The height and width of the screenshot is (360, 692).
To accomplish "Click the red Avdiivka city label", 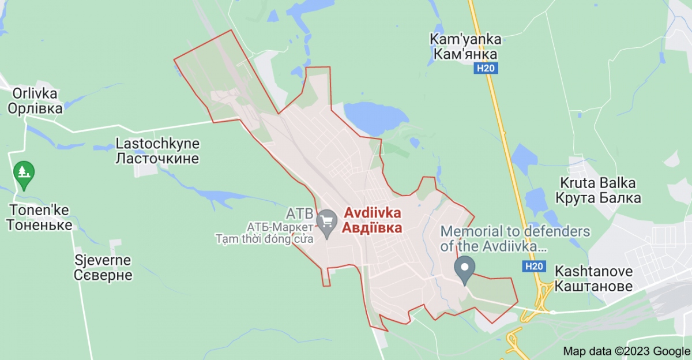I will [x=373, y=220].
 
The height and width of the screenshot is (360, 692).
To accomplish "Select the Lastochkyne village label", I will [x=157, y=151].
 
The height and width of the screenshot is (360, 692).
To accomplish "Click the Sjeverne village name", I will [x=103, y=268].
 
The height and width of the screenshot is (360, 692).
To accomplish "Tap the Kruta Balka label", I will [x=598, y=191].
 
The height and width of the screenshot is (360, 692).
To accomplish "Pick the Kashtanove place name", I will [x=593, y=278].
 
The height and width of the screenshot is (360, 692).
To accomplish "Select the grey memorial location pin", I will [x=464, y=269].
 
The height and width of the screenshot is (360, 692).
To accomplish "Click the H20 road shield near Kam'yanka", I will [x=487, y=69].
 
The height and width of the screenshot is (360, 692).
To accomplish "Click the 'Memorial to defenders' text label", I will [x=515, y=239].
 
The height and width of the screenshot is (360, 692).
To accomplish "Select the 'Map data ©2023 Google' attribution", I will [x=626, y=351].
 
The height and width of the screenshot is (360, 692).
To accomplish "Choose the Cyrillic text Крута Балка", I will [x=598, y=198].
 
